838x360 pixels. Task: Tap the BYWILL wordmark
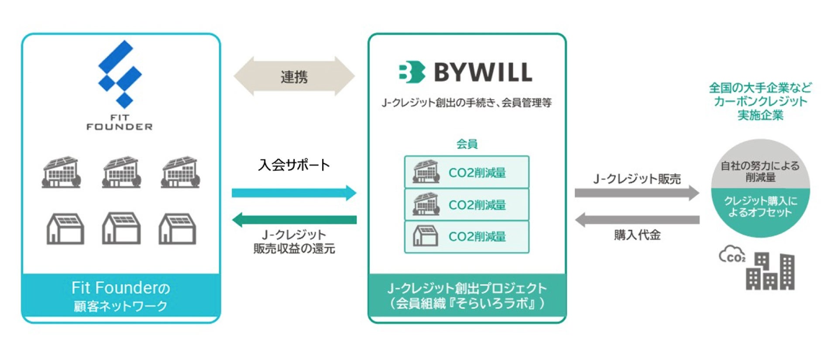(x=483, y=72)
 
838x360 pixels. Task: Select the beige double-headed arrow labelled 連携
(x=294, y=76)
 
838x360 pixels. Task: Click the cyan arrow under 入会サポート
(x=294, y=192)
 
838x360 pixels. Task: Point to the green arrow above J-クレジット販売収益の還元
(x=294, y=219)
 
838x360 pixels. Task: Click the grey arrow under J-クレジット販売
(x=636, y=192)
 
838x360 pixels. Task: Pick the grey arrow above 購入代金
(x=636, y=219)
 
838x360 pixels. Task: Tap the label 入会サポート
(x=294, y=165)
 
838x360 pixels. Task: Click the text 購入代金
(x=637, y=235)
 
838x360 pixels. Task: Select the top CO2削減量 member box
(x=467, y=172)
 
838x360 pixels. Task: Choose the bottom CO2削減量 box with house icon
(x=467, y=237)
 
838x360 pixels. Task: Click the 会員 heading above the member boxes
(x=467, y=144)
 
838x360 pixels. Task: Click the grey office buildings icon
(x=770, y=271)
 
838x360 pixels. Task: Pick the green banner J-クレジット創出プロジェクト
(x=467, y=295)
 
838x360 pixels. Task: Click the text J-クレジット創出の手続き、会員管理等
(x=467, y=103)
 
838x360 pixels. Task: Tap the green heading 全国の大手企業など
(x=760, y=88)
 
